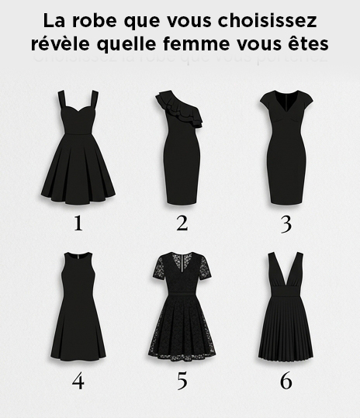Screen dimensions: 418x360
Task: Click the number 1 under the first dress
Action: click(x=78, y=223)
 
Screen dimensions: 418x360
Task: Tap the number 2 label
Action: click(x=182, y=223)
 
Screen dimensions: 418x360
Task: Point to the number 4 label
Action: click(x=78, y=381)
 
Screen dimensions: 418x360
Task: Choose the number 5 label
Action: click(x=182, y=381)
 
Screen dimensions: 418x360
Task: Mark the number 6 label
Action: click(x=286, y=381)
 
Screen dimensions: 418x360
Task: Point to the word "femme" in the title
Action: click(x=199, y=43)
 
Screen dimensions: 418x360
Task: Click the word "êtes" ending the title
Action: click(x=307, y=43)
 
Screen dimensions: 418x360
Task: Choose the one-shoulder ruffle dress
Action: click(x=181, y=147)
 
